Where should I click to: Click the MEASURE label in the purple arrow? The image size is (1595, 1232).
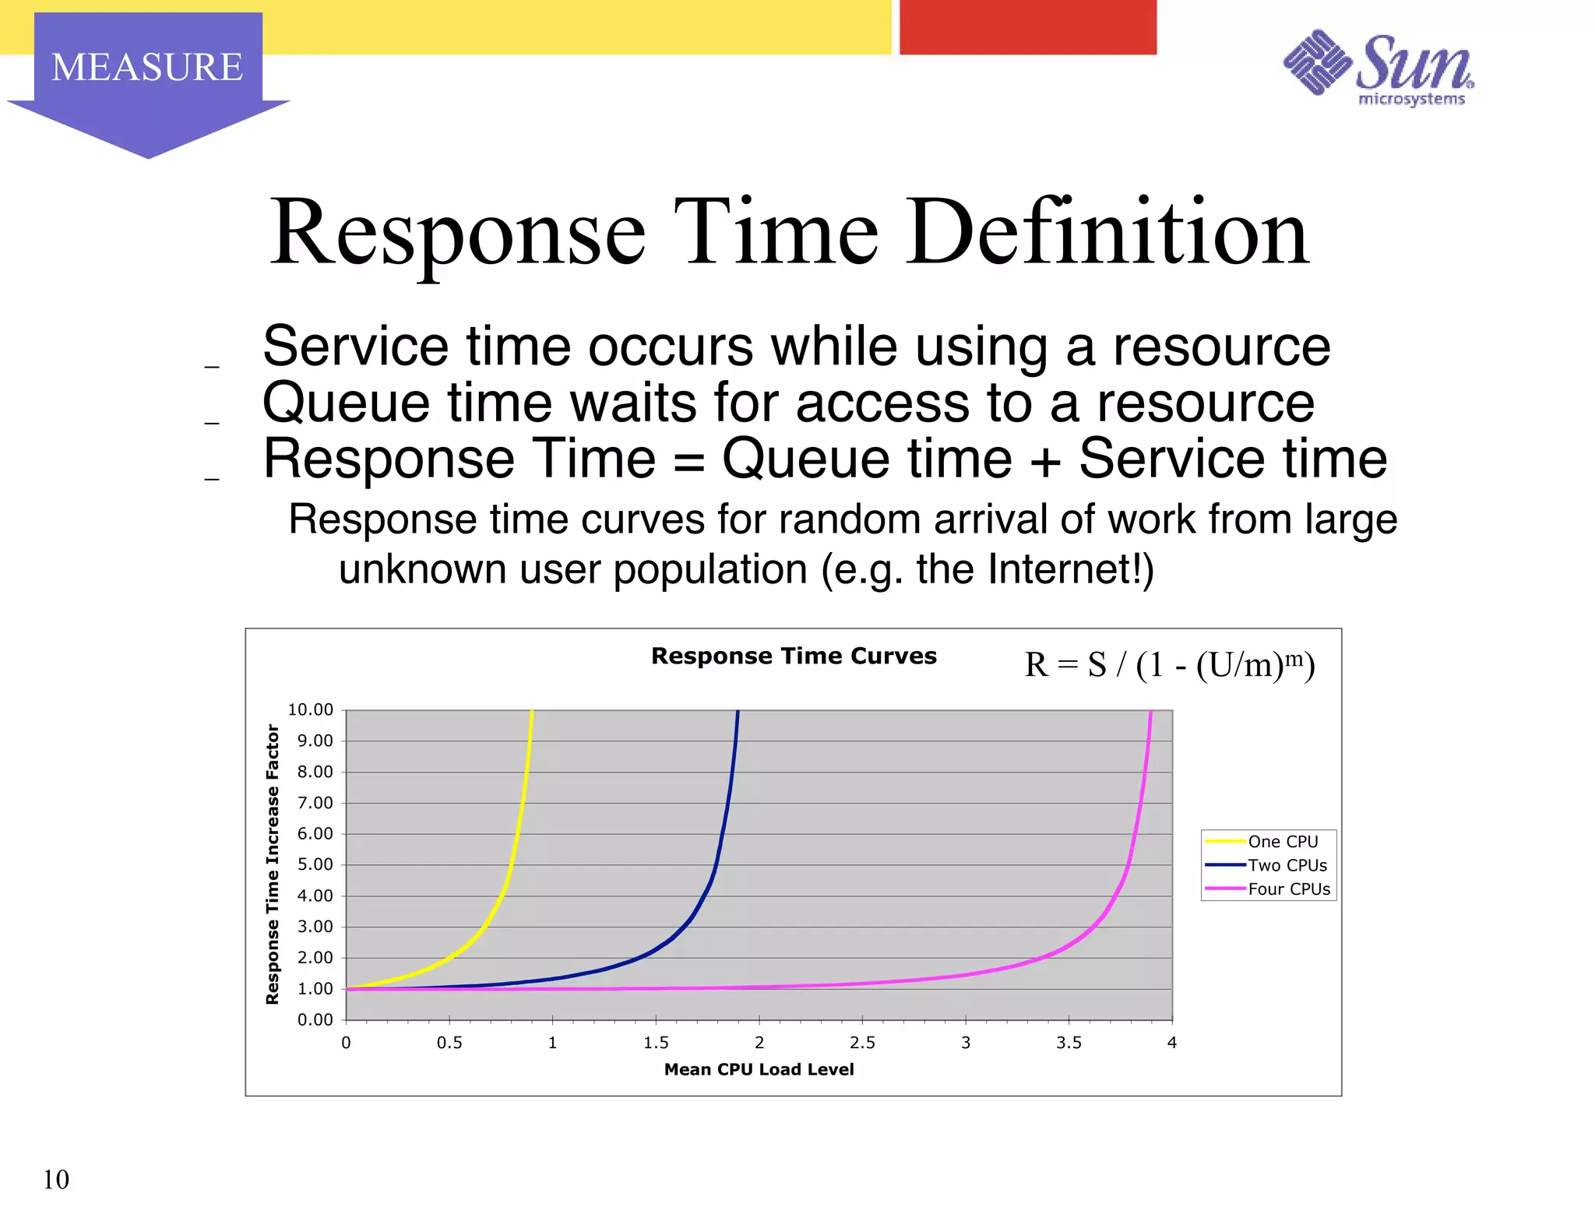coord(147,67)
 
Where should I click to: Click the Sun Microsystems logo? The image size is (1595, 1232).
coord(1378,69)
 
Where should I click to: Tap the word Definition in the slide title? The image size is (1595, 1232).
coord(1107,233)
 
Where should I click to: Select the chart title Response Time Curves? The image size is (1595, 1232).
coord(794,656)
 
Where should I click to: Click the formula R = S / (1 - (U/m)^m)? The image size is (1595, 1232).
coord(1169,665)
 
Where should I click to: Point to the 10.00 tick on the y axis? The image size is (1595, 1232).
coord(311,709)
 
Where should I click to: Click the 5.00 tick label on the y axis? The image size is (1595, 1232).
coord(315,864)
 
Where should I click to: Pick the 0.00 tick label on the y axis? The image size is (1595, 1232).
coord(315,1019)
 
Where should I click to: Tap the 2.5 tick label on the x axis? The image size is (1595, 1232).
coord(862,1043)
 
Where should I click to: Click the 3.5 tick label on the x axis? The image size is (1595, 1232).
coord(1069,1043)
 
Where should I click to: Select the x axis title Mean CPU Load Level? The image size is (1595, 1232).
coord(759,1069)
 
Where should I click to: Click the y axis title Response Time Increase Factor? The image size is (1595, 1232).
coord(273,864)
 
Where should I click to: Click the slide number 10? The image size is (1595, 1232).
coord(56,1180)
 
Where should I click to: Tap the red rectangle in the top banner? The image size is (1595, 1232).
coord(1027,27)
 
